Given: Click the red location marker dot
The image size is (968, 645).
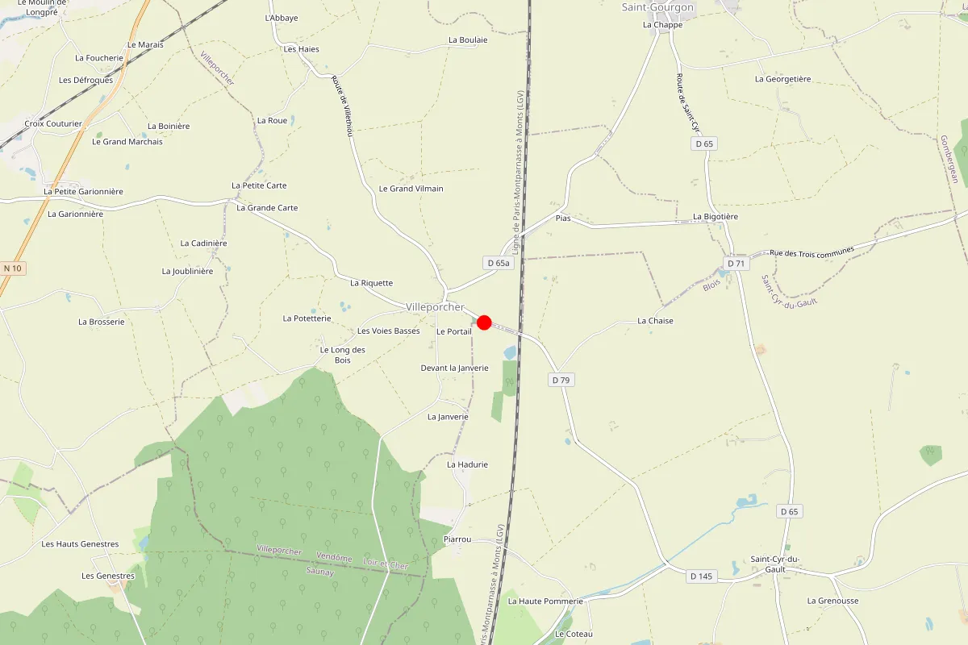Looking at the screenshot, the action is coord(484,322).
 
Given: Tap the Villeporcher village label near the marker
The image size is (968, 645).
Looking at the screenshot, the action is coord(436,307).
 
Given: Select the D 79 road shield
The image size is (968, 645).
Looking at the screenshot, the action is coord(562,380).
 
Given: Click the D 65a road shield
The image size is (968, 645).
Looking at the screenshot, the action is coord(499,263).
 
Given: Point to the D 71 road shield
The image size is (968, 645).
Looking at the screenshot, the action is coord(736,263).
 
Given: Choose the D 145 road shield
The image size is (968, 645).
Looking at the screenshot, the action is coord(702,576).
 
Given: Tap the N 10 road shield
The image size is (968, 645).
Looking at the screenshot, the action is coord(13,268).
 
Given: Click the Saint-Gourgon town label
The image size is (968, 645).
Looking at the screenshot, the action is coord(657,7).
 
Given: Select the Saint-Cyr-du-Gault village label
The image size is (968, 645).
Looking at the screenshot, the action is coord(774,564).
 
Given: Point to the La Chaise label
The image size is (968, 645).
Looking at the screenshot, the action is coord(655,321).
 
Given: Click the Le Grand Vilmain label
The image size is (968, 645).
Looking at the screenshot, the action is coord(411,189).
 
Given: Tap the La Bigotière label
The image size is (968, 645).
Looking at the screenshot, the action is coord(716,217).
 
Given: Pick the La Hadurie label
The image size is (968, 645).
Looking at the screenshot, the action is coord(468,464).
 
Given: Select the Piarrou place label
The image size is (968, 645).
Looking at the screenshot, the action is coord(457,539).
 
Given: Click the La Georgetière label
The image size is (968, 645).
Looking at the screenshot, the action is coord(782,79).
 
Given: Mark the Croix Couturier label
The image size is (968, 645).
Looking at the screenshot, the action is coord(53,124).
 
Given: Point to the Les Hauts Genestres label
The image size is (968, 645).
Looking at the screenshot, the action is coord(80,544).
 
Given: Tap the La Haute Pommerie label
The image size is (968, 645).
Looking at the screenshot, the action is coord(545,601).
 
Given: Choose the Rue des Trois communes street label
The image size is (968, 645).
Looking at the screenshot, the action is coord(812,253).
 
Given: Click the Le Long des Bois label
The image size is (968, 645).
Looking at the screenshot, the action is coord(343,355).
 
